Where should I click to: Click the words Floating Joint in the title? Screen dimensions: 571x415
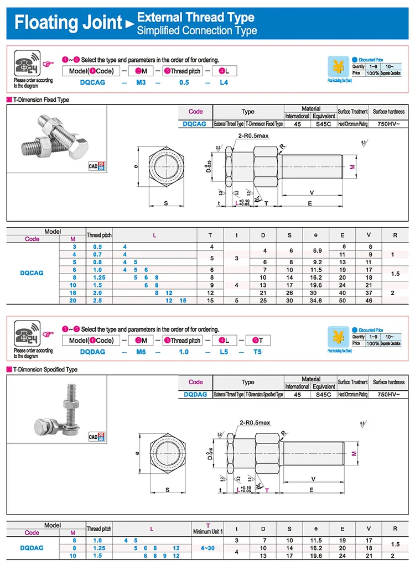(68, 23)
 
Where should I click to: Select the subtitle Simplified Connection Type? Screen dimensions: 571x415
(196, 30)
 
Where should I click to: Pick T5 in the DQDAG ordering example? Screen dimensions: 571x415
(257, 352)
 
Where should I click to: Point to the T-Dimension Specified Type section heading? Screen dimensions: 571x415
(45, 369)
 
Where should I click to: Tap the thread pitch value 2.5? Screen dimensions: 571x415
(98, 300)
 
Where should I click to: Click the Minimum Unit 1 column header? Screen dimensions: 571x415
(207, 531)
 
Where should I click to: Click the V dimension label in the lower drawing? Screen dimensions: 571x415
(313, 478)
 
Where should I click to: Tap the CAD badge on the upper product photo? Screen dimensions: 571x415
(96, 166)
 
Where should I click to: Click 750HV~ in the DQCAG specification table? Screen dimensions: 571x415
(388, 124)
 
